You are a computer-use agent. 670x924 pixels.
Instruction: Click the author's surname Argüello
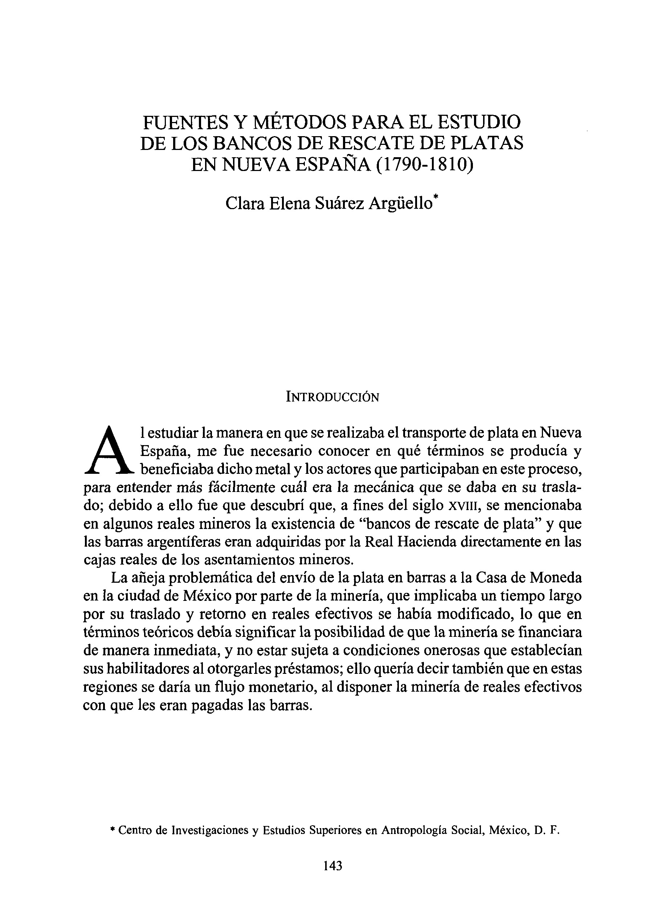click(x=400, y=203)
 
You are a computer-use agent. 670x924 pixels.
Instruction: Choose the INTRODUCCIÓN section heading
click(x=333, y=396)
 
